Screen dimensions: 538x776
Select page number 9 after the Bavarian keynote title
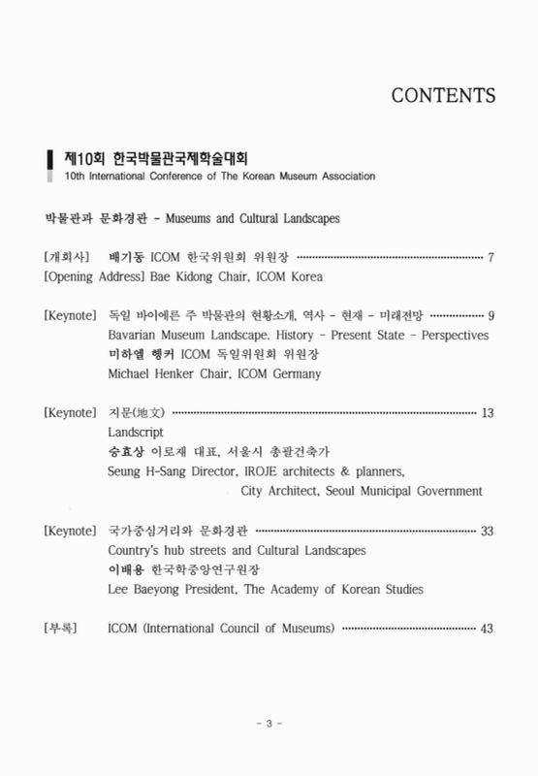coord(491,315)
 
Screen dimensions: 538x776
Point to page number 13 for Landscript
coord(488,413)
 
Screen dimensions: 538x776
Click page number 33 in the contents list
coord(488,531)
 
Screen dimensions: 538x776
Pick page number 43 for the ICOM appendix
coord(488,628)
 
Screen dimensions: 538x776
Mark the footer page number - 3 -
coord(269,725)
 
